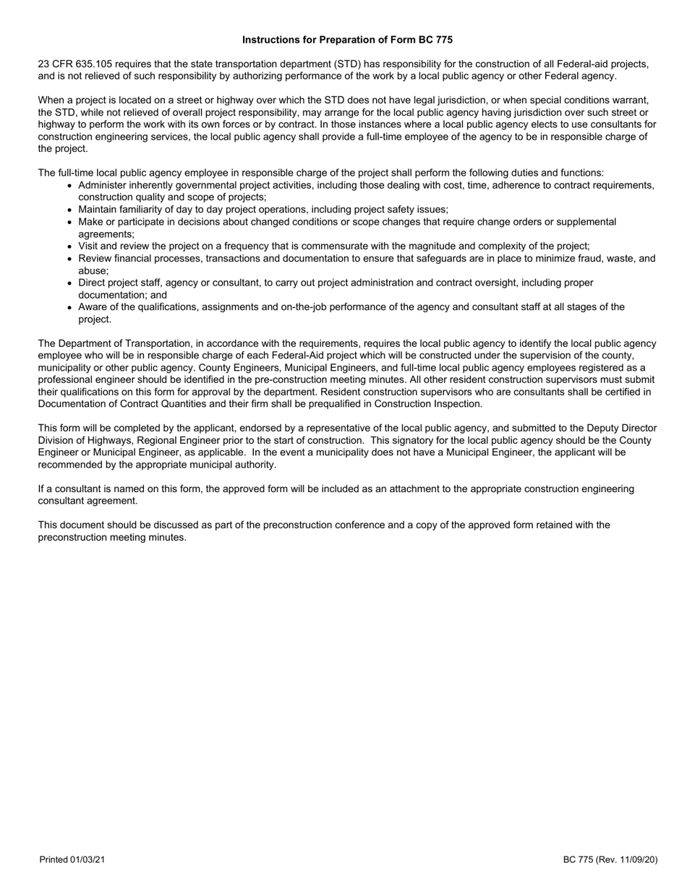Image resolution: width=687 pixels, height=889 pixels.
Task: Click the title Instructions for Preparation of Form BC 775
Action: tap(347, 40)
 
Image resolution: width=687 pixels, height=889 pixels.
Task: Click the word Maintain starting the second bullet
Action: tap(98, 210)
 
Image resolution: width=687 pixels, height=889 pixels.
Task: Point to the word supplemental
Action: tap(586, 222)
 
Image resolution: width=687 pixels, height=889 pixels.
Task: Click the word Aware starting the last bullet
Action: tap(93, 306)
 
